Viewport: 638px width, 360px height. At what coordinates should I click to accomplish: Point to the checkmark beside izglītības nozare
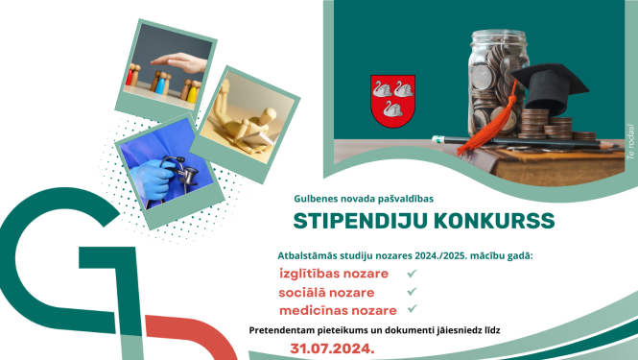pyautogui.click(x=412, y=274)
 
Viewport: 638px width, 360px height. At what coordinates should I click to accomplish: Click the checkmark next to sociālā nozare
pyautogui.click(x=412, y=292)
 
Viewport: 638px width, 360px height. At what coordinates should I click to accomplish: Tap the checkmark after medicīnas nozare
pyautogui.click(x=412, y=309)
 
